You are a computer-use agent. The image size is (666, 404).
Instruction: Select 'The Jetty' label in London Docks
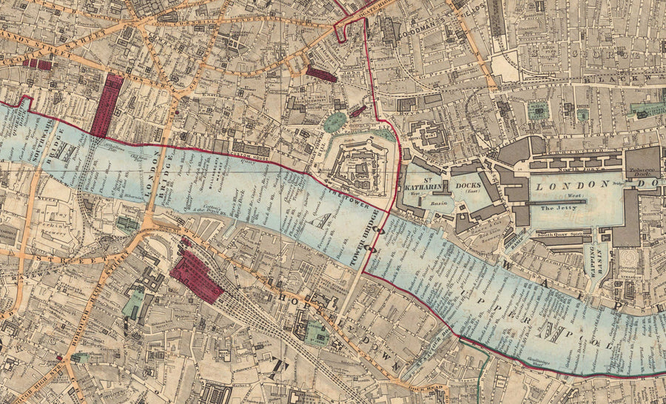(556, 209)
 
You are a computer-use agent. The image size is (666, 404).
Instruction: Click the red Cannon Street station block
(107, 104)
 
